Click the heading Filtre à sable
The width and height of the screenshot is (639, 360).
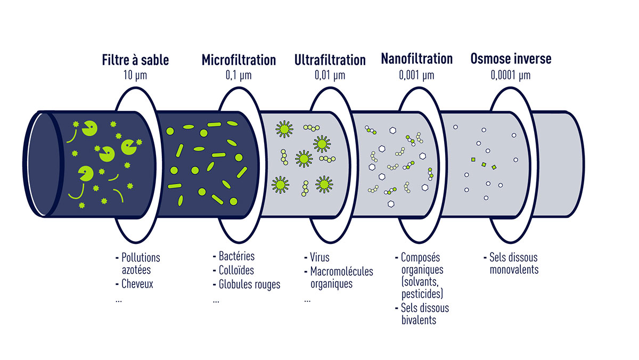coord(135,60)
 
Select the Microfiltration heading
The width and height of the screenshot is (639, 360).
coord(239,60)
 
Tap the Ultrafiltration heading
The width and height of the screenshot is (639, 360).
coord(330,60)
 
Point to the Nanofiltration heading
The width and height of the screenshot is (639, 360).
coord(416,59)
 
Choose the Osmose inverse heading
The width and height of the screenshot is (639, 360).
coord(511,59)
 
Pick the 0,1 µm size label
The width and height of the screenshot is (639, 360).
coord(239,75)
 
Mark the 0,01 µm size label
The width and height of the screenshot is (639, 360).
coord(330,75)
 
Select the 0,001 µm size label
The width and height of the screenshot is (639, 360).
coord(416,75)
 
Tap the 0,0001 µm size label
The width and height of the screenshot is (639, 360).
coord(511,75)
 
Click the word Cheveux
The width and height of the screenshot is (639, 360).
coord(137,284)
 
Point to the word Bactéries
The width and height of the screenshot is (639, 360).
coord(237,257)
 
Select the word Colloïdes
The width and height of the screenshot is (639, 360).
coord(236,270)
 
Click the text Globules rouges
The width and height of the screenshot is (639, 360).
coord(249,284)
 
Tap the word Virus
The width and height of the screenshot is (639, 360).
coord(320,258)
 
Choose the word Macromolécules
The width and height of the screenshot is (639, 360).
coord(342,271)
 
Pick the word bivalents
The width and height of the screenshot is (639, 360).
coord(419,320)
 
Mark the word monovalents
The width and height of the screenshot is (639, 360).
coord(514,269)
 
